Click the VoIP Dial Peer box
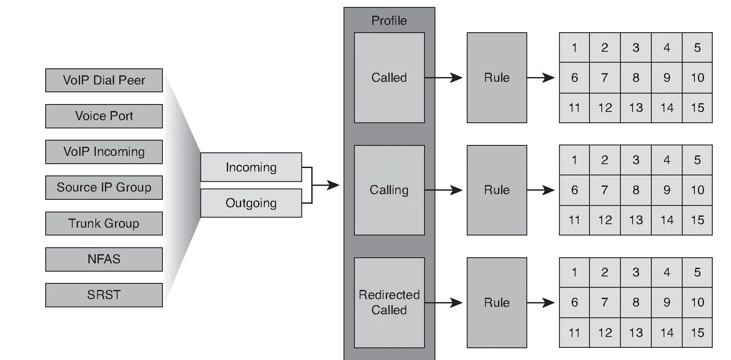pyautogui.click(x=104, y=80)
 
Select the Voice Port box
pyautogui.click(x=104, y=116)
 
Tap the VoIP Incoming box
pyautogui.click(x=104, y=151)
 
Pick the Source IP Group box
pyautogui.click(x=104, y=188)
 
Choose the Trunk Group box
pyautogui.click(x=104, y=223)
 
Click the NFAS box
pyautogui.click(x=104, y=259)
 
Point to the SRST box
pyautogui.click(x=104, y=295)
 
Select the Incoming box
pyautogui.click(x=251, y=167)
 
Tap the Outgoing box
pyautogui.click(x=251, y=203)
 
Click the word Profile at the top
pyautogui.click(x=389, y=20)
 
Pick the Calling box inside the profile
pyautogui.click(x=389, y=190)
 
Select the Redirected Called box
pyautogui.click(x=389, y=303)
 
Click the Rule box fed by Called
pyautogui.click(x=496, y=77)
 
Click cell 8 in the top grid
pyautogui.click(x=636, y=77)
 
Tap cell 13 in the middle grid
pyautogui.click(x=636, y=220)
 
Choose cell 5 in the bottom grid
pyautogui.click(x=697, y=273)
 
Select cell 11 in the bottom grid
pyautogui.click(x=574, y=333)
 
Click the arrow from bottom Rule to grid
pyautogui.click(x=541, y=303)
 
